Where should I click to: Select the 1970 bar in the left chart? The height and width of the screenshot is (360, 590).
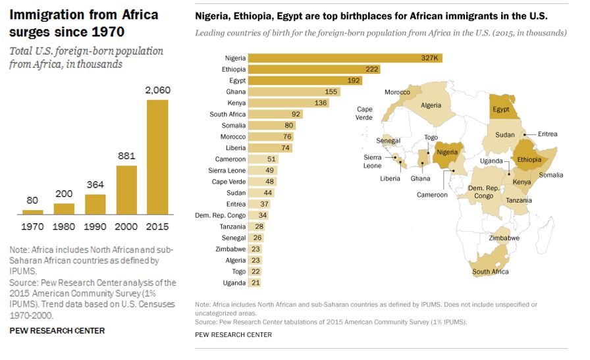pyautogui.click(x=32, y=212)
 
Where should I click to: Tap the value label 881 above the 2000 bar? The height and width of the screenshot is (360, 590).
pyautogui.click(x=126, y=157)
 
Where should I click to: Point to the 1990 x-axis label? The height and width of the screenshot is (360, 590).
pyautogui.click(x=95, y=226)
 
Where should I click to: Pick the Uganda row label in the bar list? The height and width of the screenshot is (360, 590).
pyautogui.click(x=234, y=283)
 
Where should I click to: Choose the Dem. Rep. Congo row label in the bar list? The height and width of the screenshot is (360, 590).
pyautogui.click(x=220, y=215)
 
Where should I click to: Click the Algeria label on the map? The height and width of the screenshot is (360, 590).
pyautogui.click(x=431, y=105)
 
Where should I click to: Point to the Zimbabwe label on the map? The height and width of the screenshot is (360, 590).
pyautogui.click(x=504, y=238)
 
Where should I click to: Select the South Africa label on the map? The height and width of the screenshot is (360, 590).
pyautogui.click(x=490, y=272)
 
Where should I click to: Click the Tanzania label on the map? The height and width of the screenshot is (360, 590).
pyautogui.click(x=519, y=200)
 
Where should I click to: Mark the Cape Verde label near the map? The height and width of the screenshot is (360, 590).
pyautogui.click(x=364, y=113)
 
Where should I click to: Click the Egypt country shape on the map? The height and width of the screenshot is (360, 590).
pyautogui.click(x=500, y=109)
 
